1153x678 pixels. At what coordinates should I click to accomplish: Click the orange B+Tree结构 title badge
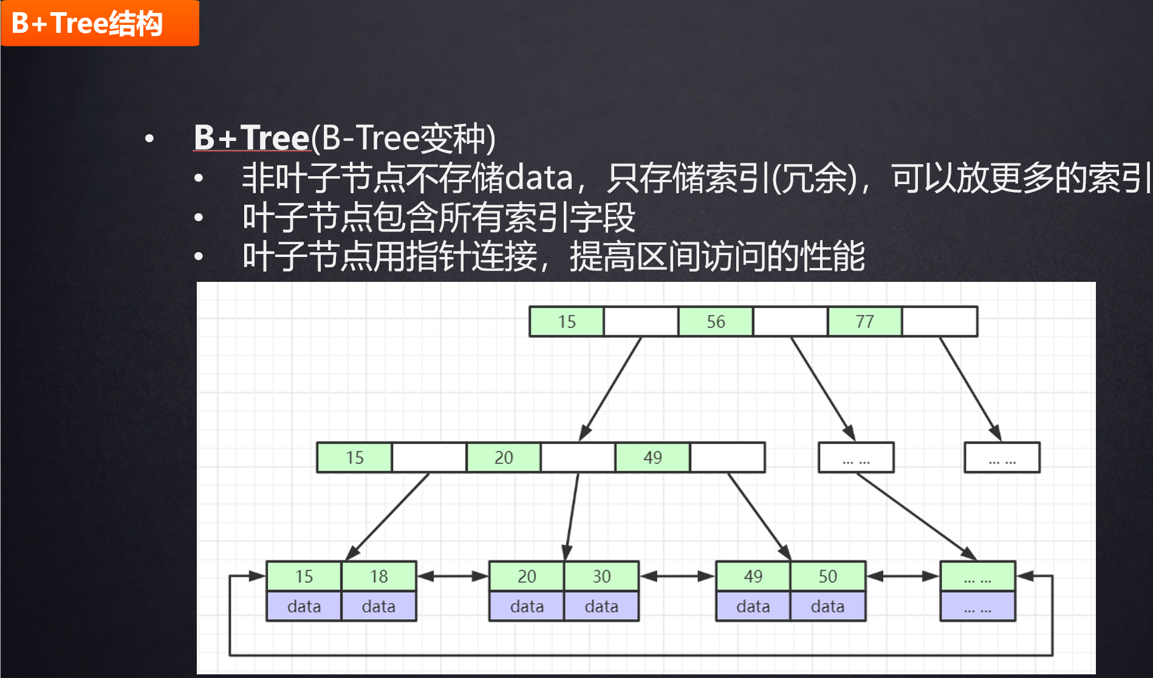coord(100,23)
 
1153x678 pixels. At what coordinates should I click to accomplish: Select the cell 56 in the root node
coord(716,321)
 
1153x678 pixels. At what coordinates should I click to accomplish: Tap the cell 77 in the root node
coord(864,321)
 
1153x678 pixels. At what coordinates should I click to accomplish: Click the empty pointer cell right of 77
coord(940,321)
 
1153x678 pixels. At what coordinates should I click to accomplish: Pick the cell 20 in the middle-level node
coord(504,457)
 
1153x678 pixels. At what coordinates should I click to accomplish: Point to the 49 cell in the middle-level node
coord(652,457)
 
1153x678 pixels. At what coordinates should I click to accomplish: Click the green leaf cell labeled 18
coord(378,576)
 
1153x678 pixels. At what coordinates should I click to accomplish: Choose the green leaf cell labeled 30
coord(601,576)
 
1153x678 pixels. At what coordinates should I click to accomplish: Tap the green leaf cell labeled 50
coord(827,576)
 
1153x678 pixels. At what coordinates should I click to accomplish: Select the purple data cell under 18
coord(378,606)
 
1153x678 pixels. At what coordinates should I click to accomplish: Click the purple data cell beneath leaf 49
coord(753,606)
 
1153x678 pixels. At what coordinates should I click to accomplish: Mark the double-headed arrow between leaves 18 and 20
coord(453,576)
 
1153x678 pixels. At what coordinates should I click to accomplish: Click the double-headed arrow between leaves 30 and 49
coord(677,576)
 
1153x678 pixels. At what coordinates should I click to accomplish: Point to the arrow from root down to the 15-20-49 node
coord(610,389)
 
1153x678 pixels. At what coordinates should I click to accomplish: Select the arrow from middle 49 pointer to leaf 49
coord(759,516)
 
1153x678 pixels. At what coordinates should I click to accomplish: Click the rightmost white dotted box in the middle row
coord(1002,457)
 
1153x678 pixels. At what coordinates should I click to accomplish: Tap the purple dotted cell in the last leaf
coord(977,606)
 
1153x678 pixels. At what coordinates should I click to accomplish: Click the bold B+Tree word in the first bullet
coord(251,137)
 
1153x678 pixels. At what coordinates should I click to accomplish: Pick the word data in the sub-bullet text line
coord(539,177)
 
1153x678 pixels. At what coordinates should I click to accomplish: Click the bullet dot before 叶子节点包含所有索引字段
coord(199,217)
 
